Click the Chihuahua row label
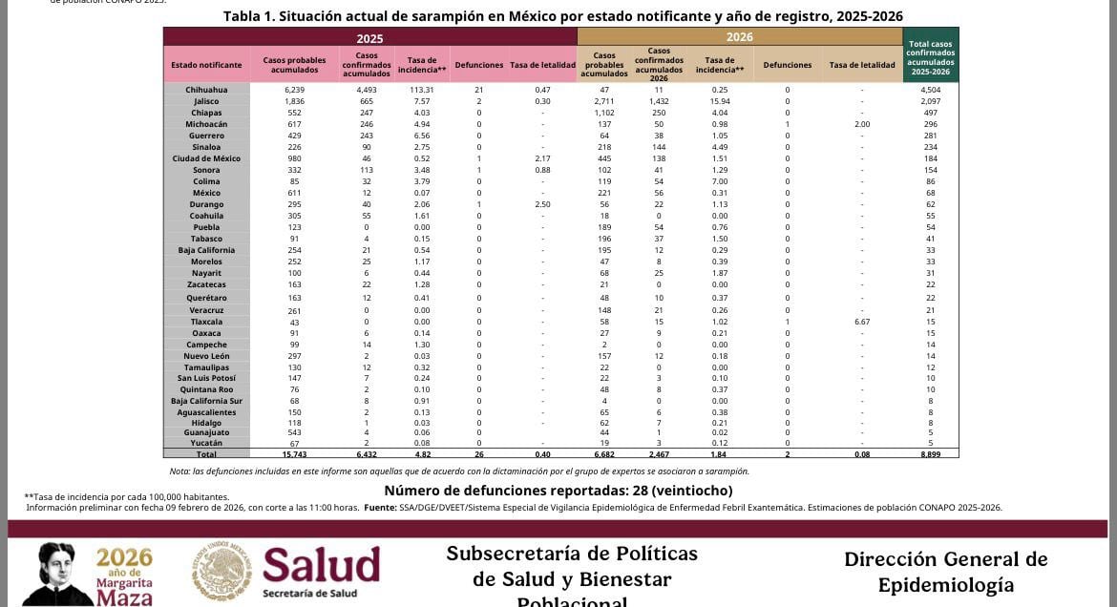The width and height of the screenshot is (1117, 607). pos(206,90)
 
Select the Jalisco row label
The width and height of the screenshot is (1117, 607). pos(206,101)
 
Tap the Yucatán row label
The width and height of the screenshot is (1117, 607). pos(206,443)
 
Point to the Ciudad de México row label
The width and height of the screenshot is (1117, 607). pos(206,158)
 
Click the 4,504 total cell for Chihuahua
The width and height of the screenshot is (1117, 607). pos(930,90)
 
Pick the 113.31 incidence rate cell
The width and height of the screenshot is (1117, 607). pos(421,90)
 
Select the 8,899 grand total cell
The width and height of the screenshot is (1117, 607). pos(930,454)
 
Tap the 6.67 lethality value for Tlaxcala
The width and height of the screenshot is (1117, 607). pos(861,322)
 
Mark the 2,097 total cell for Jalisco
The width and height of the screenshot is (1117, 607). pos(930,101)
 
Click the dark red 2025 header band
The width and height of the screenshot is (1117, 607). pos(369,37)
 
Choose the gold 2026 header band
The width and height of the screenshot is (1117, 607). pos(739,37)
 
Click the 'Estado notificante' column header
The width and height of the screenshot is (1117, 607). pos(206,65)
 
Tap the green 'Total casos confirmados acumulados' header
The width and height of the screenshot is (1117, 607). pos(930,58)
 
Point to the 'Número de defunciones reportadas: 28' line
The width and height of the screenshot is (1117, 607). pos(558,491)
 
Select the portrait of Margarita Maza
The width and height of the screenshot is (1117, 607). pos(57,575)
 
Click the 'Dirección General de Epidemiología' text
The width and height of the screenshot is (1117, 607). pos(945,572)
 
